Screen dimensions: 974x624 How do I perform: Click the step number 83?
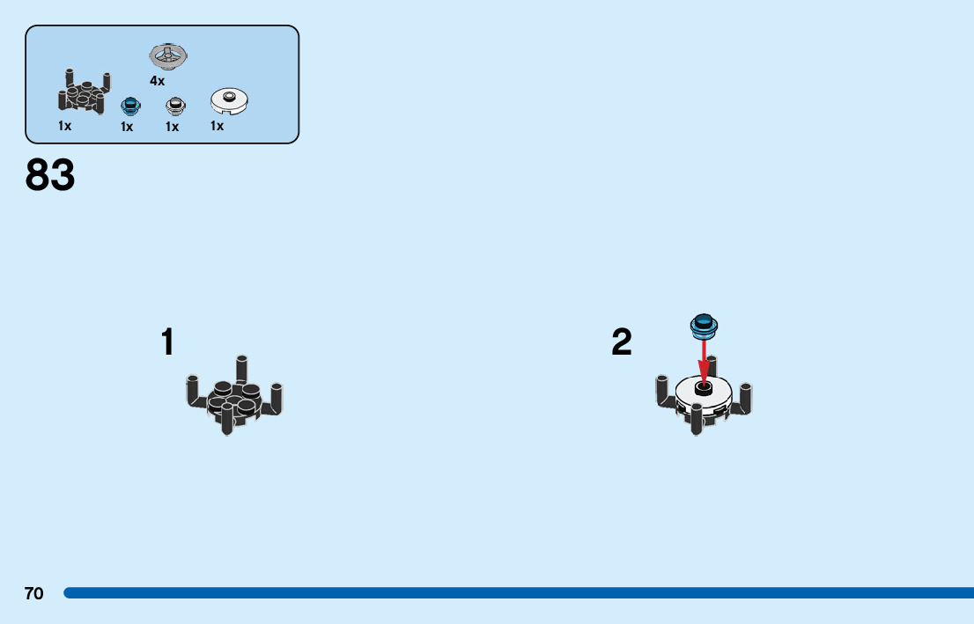[x=50, y=176]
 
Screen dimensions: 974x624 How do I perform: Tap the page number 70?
[x=33, y=594]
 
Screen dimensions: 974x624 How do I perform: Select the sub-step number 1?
[x=167, y=343]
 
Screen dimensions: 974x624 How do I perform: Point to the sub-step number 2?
[x=622, y=343]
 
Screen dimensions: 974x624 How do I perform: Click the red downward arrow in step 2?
[x=704, y=361]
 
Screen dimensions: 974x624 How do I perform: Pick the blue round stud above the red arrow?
[x=704, y=326]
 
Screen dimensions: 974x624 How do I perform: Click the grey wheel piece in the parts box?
[x=168, y=56]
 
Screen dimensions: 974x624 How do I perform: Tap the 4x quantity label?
[x=157, y=81]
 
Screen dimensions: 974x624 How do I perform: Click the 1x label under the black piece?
[x=65, y=126]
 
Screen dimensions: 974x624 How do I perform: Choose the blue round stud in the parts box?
[x=130, y=106]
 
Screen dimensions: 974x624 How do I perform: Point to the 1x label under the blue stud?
[x=127, y=127]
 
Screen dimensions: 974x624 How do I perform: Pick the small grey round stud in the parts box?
[x=175, y=106]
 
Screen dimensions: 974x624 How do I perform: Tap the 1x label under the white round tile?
[x=217, y=126]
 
